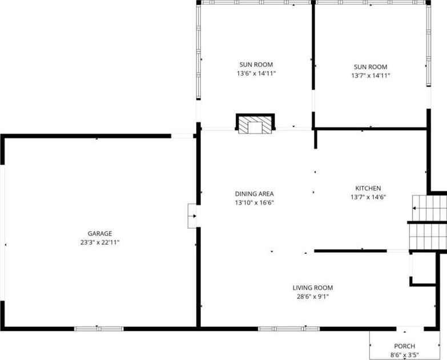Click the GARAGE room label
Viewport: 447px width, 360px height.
point(100,233)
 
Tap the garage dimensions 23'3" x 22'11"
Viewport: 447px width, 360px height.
point(100,242)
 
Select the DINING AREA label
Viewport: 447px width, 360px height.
point(254,194)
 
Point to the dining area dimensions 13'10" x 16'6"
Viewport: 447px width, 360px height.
point(254,203)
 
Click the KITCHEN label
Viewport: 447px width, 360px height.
point(368,188)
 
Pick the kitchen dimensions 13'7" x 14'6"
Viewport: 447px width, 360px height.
point(368,197)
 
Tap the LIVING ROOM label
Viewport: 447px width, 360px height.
point(313,288)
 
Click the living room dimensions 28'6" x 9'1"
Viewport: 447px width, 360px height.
point(313,297)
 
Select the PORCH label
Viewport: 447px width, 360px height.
point(405,346)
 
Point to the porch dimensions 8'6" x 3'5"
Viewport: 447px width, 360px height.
point(405,355)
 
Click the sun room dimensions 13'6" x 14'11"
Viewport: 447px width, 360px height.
point(256,74)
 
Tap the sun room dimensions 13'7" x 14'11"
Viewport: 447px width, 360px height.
point(371,76)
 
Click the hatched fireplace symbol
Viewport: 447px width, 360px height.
point(255,124)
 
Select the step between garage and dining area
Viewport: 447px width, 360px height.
point(192,216)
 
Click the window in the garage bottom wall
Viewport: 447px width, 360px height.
point(99,329)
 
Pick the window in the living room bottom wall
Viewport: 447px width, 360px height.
point(289,329)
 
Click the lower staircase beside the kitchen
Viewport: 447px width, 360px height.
point(428,236)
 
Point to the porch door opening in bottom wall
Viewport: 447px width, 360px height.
point(410,329)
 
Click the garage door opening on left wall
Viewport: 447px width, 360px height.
point(2,232)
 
